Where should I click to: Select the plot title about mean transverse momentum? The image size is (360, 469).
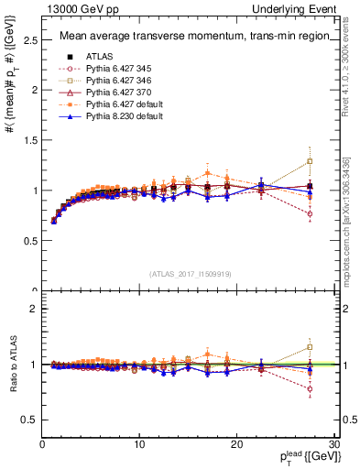click(x=190, y=37)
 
